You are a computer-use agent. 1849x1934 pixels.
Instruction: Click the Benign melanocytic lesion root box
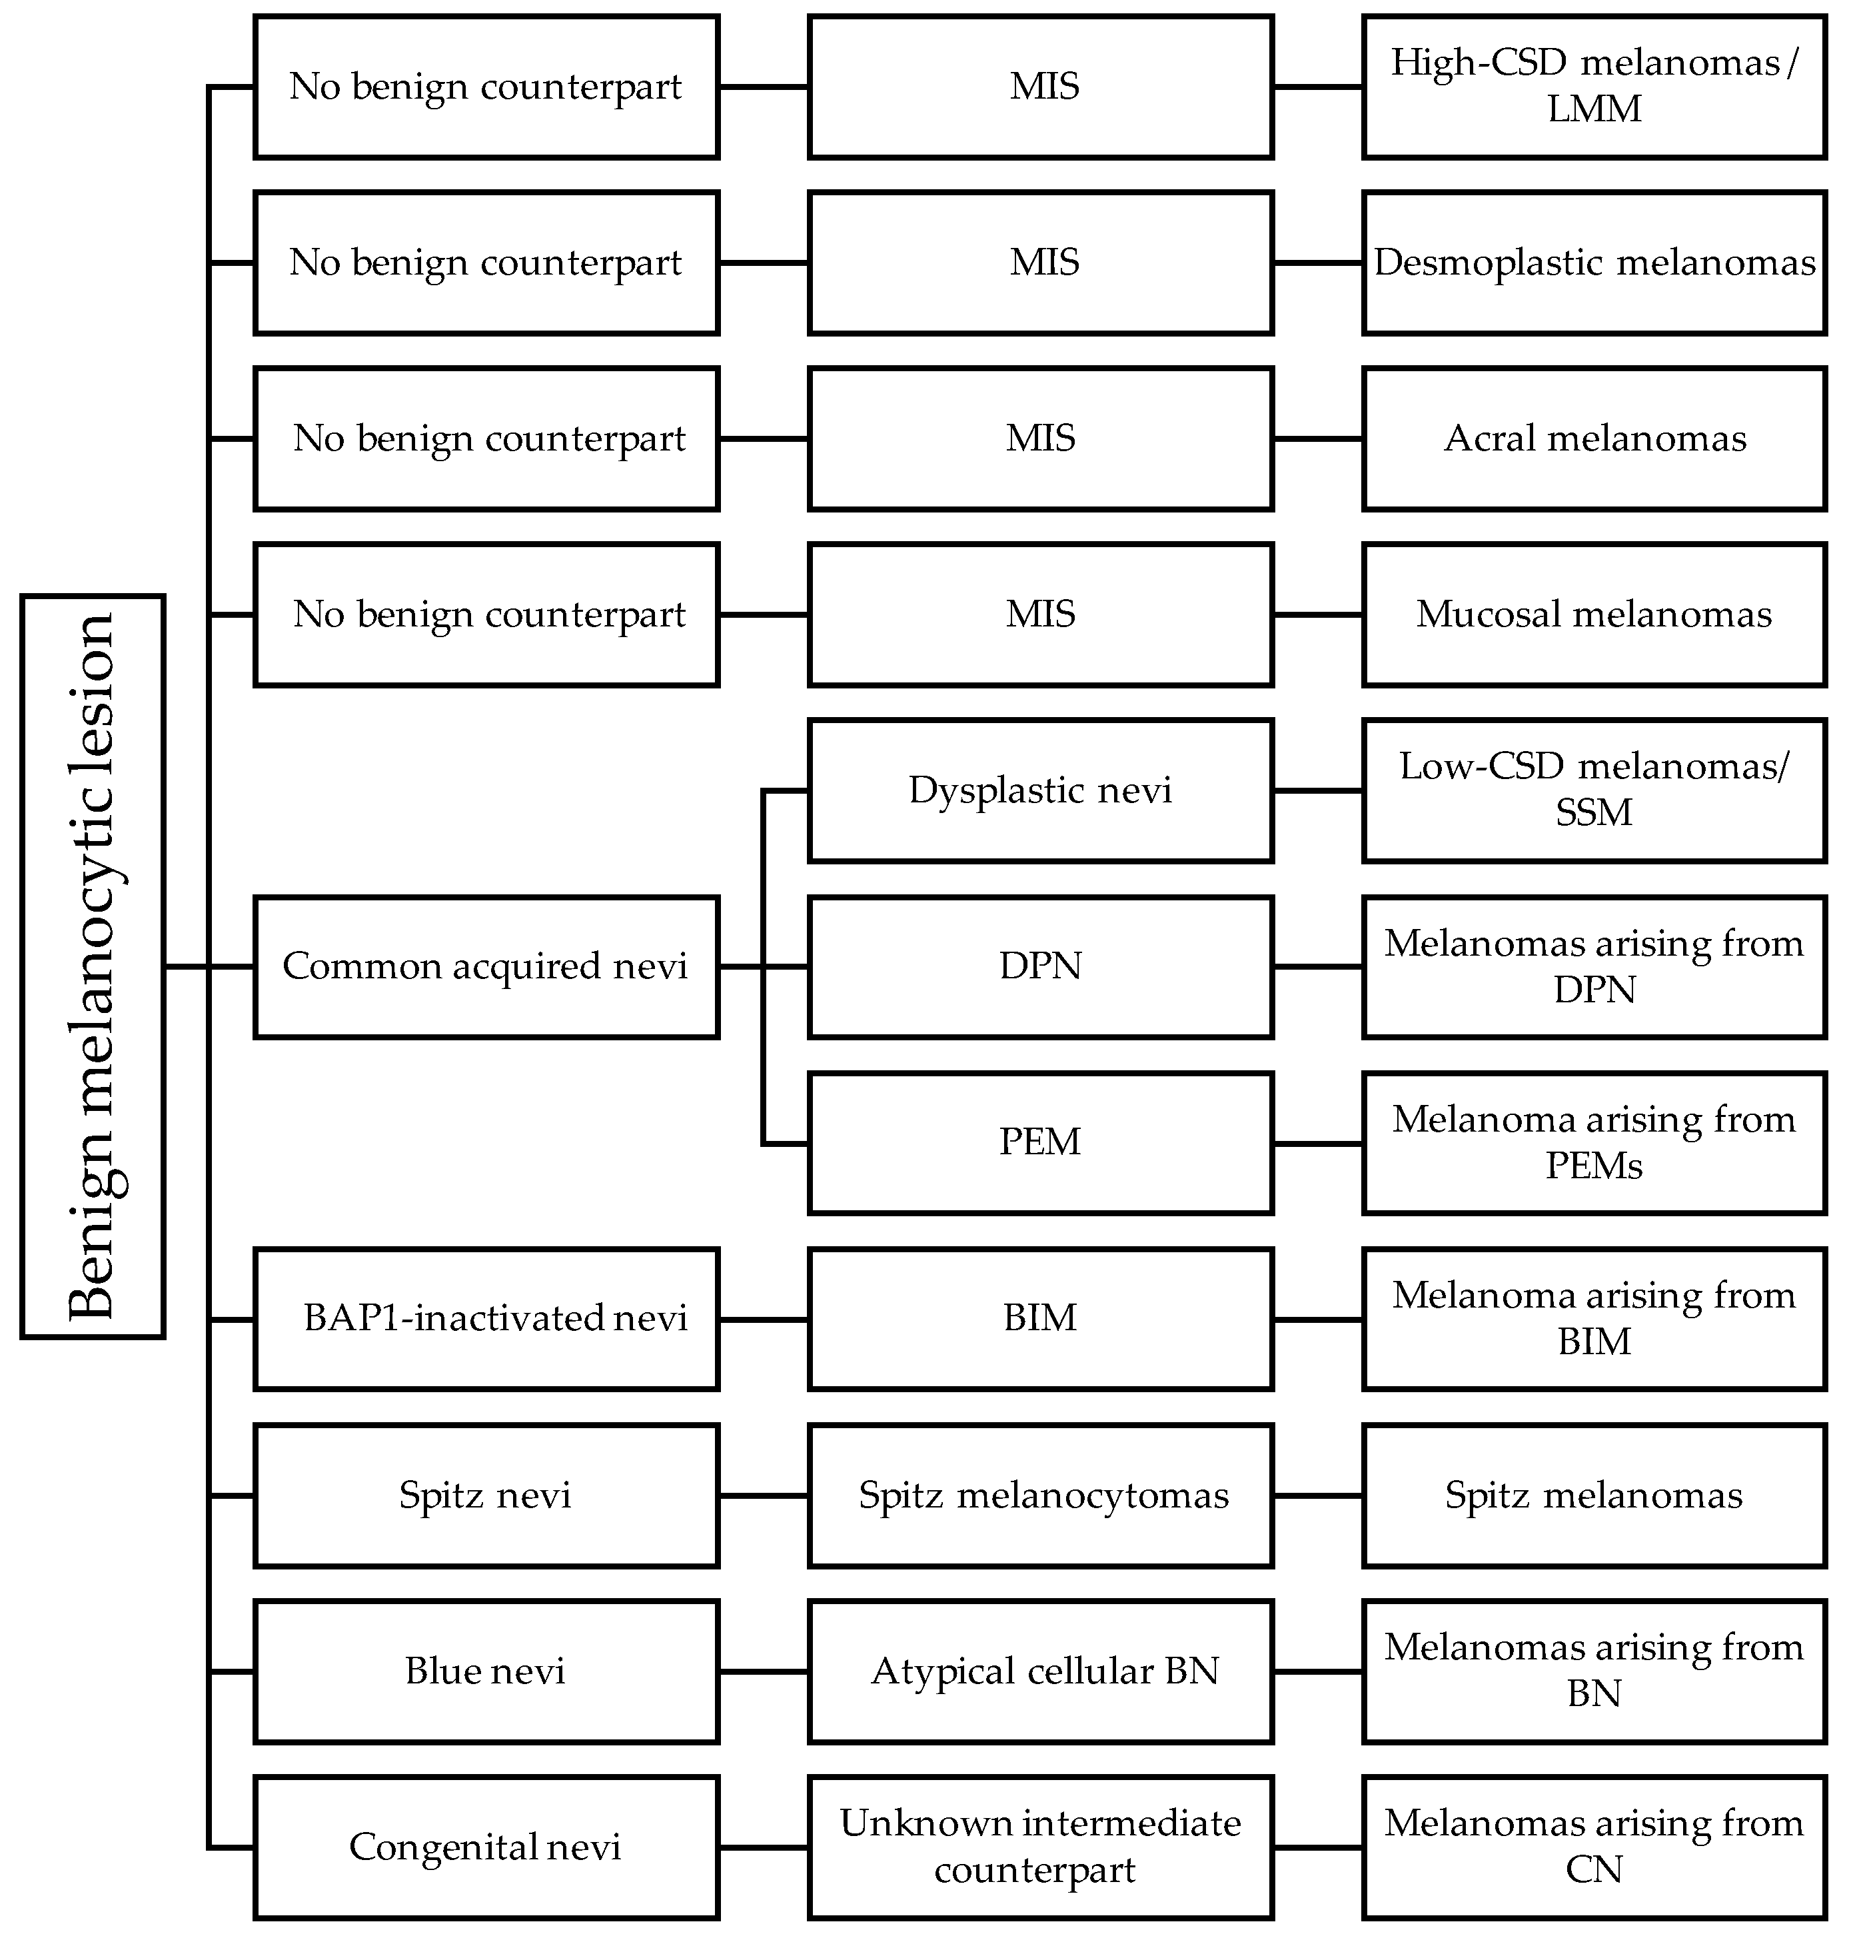(92, 966)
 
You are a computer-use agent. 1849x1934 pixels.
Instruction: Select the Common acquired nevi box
(486, 966)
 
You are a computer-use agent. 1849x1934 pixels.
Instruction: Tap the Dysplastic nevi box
(1040, 790)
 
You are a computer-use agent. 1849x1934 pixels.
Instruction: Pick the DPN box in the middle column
(1040, 966)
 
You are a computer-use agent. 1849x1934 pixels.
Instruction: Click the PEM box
(1040, 1142)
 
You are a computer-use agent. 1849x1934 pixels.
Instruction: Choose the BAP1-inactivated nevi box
(486, 1319)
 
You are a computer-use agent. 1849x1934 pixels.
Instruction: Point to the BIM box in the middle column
(1040, 1319)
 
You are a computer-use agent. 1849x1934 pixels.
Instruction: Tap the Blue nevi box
(486, 1671)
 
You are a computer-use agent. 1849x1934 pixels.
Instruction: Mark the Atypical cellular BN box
(1040, 1671)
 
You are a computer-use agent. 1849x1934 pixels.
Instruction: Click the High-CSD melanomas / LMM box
(1594, 87)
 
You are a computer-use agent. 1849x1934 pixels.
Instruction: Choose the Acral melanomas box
(1594, 439)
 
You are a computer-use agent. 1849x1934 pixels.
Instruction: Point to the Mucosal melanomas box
(1594, 614)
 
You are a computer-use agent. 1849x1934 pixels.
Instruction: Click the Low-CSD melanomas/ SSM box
(1594, 790)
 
